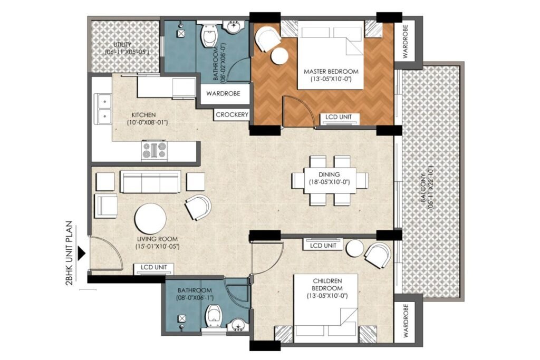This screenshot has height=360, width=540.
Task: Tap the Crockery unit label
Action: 232,114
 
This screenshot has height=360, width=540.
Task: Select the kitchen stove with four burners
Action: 155,151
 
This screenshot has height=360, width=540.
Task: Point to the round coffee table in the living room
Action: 150,219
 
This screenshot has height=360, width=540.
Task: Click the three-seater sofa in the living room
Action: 150,181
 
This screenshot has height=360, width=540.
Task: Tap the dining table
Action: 330,180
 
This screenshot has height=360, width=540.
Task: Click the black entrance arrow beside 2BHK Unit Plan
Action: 82,253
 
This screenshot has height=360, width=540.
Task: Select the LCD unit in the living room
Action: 154,268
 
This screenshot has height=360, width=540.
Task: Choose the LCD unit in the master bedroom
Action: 339,118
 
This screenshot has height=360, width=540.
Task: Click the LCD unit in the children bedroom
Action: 323,245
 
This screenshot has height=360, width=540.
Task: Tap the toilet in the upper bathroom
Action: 210,38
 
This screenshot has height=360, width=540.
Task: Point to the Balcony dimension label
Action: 427,188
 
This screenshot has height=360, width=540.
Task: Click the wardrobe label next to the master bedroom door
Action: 223,94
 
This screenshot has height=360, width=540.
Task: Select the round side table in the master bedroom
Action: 279,56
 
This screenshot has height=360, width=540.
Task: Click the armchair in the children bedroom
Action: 378,255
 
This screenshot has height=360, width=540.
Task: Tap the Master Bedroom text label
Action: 331,72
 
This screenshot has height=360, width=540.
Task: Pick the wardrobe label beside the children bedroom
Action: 405,320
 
